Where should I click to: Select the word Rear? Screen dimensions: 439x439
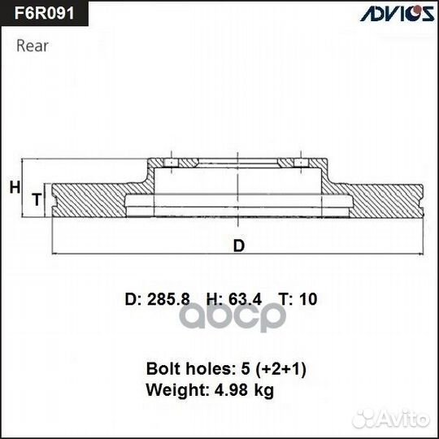33,46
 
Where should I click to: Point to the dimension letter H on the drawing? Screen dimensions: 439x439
14,188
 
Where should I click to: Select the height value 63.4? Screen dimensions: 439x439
246,299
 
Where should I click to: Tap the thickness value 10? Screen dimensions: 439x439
308,299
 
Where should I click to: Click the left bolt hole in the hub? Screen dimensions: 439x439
172,165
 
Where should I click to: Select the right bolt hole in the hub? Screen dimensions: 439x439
302,165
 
